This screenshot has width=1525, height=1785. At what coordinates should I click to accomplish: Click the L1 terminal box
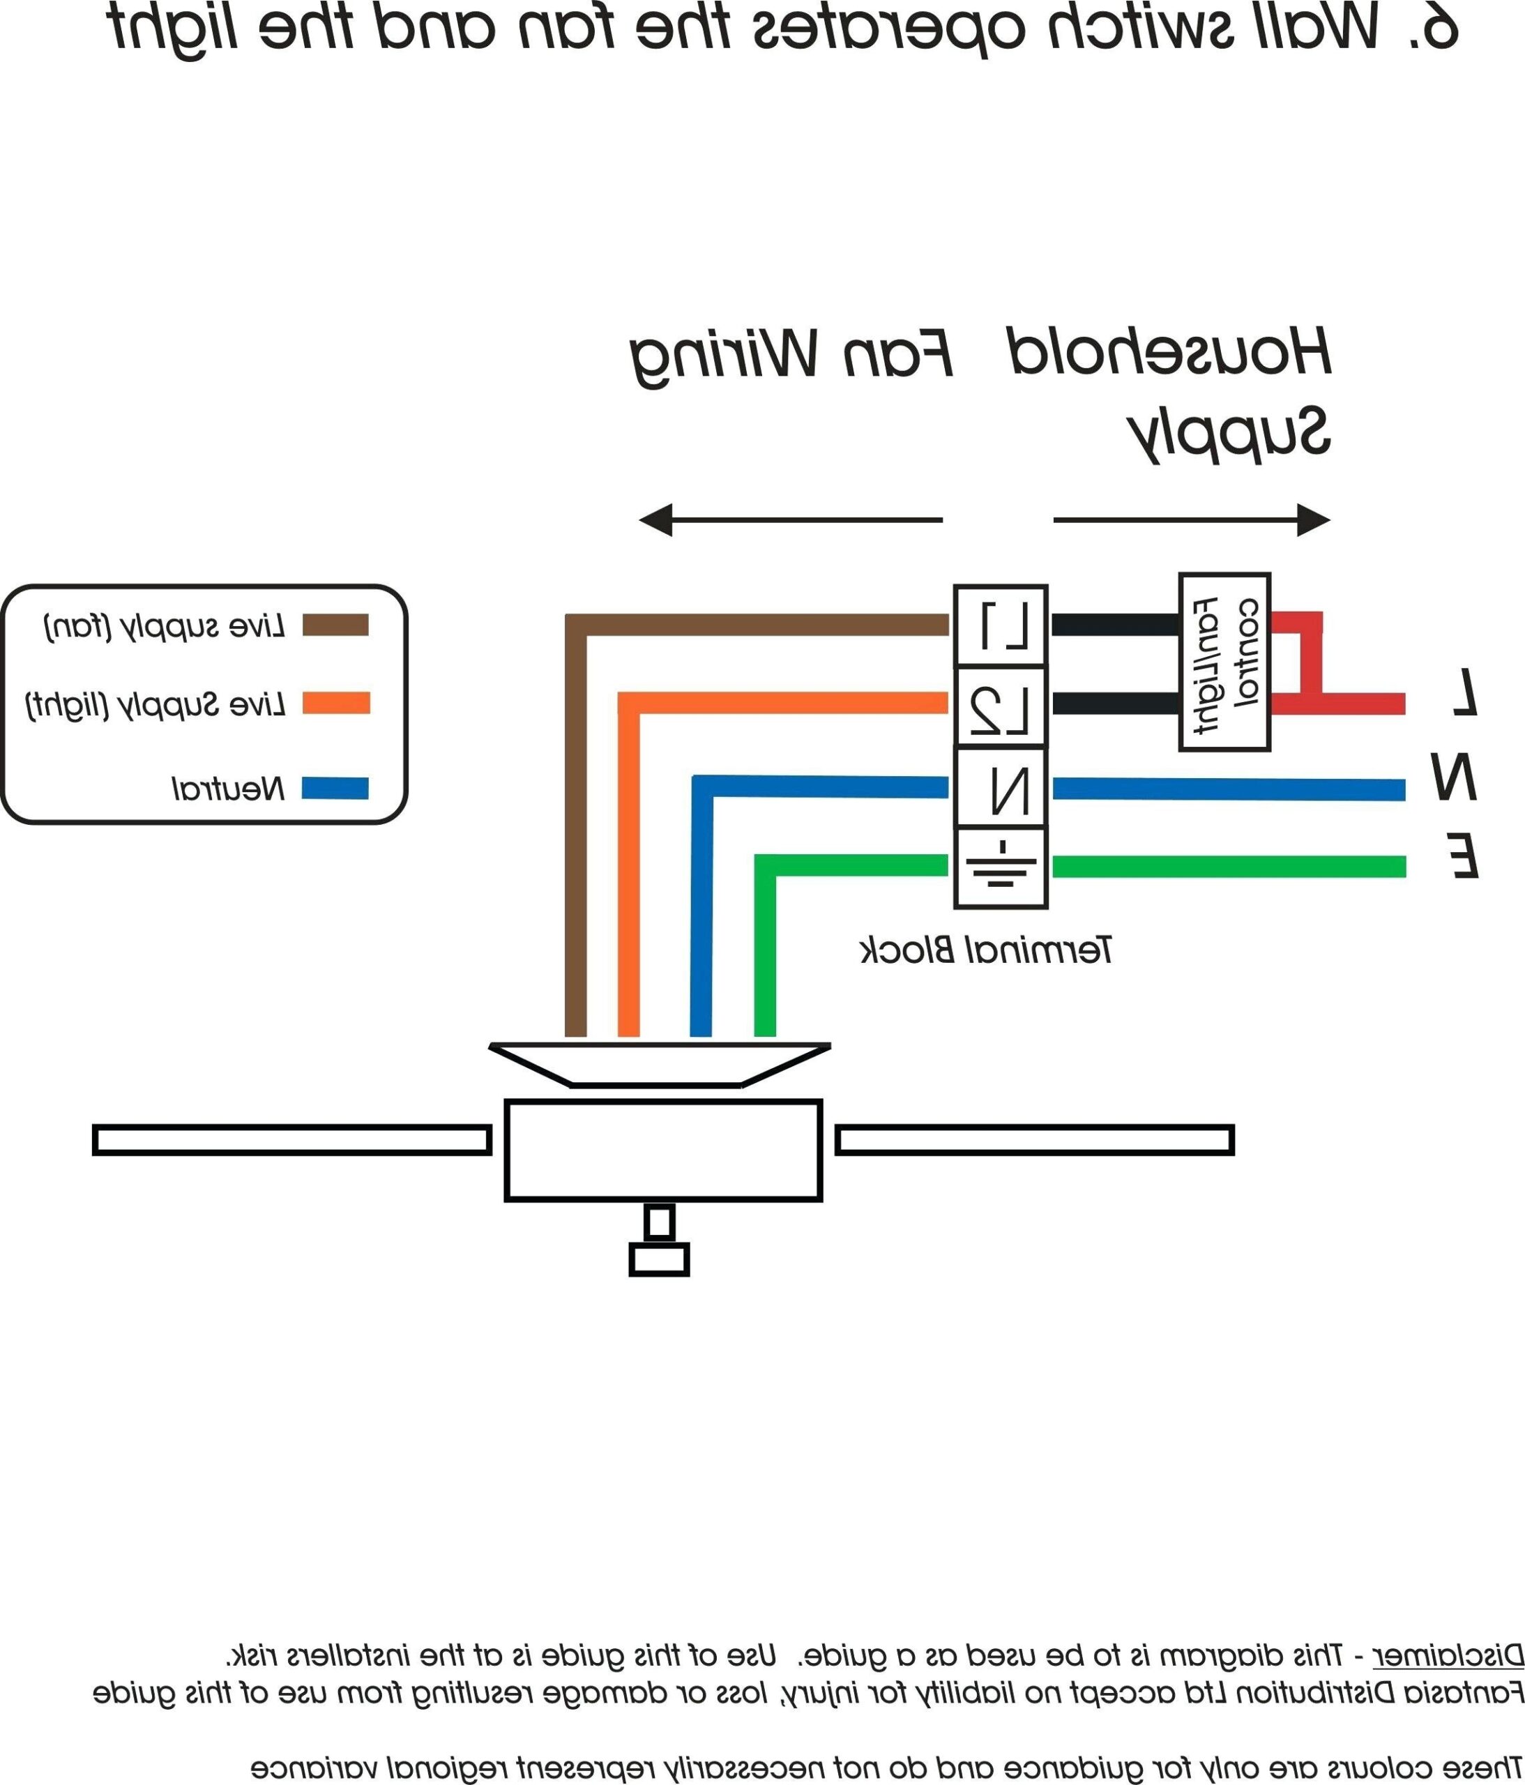(1001, 626)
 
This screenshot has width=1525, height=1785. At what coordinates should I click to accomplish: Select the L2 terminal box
(1001, 706)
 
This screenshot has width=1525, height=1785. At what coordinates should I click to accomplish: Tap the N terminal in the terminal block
(1001, 787)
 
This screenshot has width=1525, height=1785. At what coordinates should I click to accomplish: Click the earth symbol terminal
(1001, 867)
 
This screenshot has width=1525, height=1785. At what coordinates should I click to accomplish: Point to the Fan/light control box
(1224, 662)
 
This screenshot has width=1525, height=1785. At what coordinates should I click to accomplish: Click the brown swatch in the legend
(335, 625)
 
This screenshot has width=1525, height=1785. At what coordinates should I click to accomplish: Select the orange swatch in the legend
(335, 703)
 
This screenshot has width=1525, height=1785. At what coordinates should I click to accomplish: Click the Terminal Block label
(986, 950)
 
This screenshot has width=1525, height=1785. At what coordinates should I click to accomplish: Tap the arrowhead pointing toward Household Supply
(1313, 520)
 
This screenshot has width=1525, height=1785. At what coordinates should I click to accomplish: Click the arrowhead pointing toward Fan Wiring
(655, 520)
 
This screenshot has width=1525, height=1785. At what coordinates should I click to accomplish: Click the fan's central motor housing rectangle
(663, 1150)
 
